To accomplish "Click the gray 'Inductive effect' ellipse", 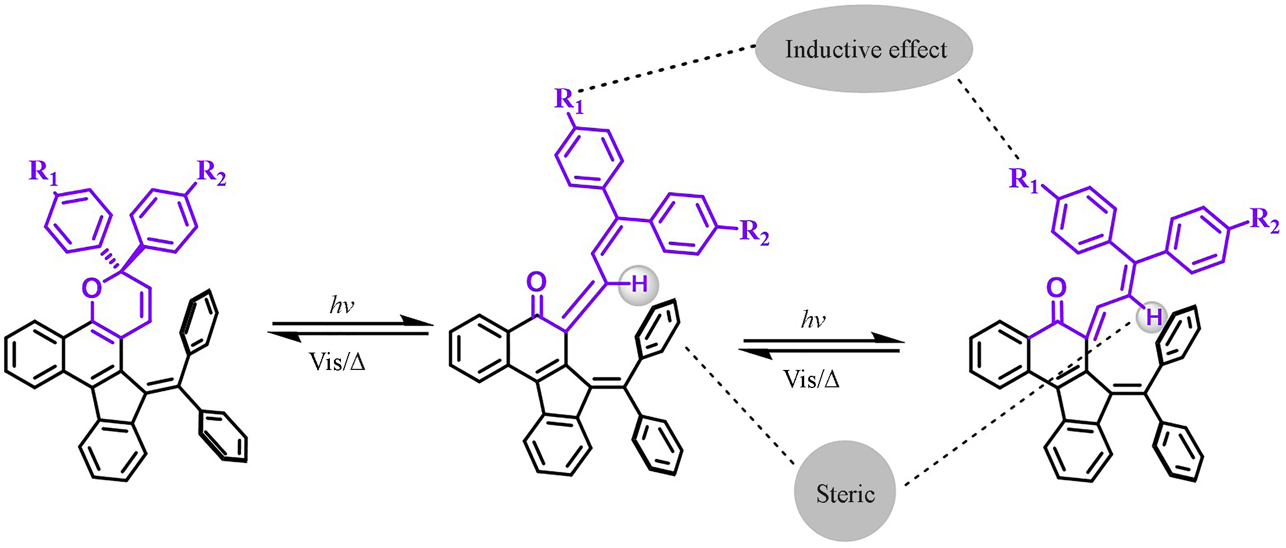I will pos(864,49).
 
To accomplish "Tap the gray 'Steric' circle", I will pos(845,492).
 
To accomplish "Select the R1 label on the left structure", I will pos(43,172).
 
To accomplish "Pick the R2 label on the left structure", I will pos(211,172).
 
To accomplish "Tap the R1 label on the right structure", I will pos(1023,180).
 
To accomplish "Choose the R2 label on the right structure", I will pos(1264,220).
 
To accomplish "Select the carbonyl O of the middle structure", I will pos(536,282).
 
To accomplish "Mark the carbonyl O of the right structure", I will pos(1056,288).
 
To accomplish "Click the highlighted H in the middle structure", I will pos(639,284).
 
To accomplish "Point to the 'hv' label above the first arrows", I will pos(342,305).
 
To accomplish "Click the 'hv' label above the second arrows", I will pos(813,320).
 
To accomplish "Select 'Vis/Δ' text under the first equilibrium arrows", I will pos(337,361).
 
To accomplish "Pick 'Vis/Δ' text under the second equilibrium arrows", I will pos(811,379).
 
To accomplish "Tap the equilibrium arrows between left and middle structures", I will pos(349,329).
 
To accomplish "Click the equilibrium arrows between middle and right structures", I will pos(821,346).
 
